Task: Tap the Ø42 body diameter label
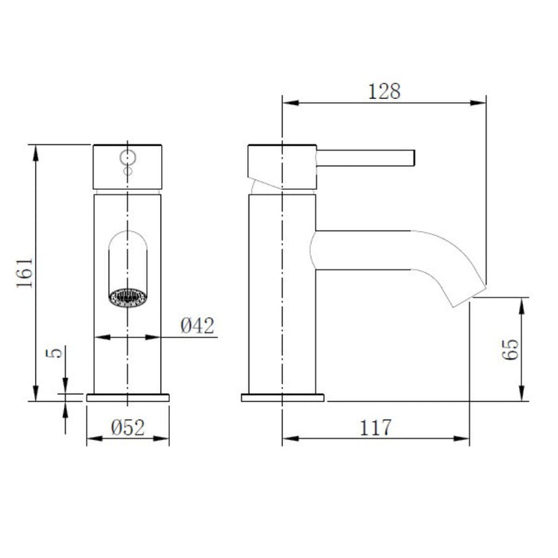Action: tap(195, 325)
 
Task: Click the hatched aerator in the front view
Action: tap(128, 297)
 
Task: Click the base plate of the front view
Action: tap(128, 396)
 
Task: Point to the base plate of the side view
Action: tap(283, 396)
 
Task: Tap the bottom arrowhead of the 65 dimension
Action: tap(524, 395)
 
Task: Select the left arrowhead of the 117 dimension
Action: tap(289, 438)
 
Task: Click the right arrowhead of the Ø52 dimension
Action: tap(165, 438)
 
